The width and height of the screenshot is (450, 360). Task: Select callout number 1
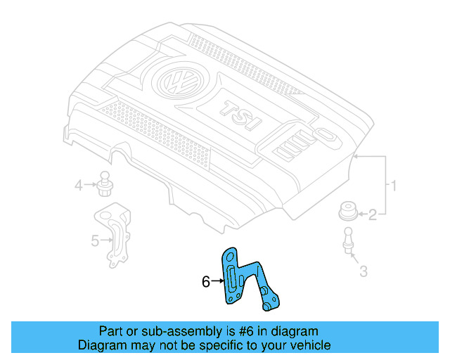[394, 186]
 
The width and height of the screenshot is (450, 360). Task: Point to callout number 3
[363, 271]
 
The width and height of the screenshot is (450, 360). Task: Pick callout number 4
[79, 186]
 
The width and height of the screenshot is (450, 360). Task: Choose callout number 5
[95, 241]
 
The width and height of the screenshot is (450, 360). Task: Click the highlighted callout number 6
[205, 282]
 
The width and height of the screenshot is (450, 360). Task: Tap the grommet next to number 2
[347, 210]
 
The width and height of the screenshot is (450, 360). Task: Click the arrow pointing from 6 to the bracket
[216, 282]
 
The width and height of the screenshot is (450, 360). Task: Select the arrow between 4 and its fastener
[90, 186]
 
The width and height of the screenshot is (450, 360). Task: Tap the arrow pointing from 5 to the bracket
[105, 241]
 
